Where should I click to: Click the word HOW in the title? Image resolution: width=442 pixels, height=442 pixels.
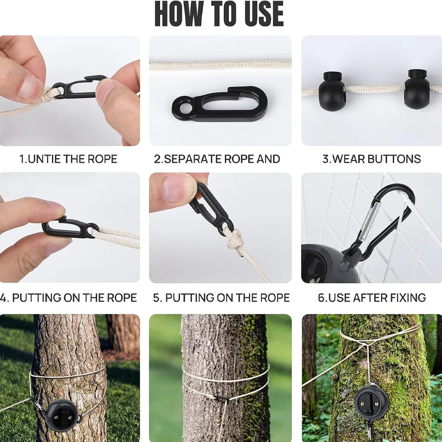(x=178, y=14)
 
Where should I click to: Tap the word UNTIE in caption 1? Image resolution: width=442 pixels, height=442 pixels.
(x=44, y=159)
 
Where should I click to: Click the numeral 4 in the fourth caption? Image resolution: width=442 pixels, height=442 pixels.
(x=3, y=298)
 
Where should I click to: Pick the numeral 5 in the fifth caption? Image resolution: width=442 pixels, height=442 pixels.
(x=157, y=298)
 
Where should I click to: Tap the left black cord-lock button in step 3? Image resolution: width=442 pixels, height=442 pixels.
(x=331, y=90)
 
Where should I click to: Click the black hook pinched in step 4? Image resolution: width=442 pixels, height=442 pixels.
(x=70, y=227)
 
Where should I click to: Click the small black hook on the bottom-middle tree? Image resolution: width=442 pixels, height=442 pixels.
(x=222, y=399)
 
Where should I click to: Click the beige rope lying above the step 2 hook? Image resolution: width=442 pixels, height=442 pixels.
(x=221, y=66)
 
